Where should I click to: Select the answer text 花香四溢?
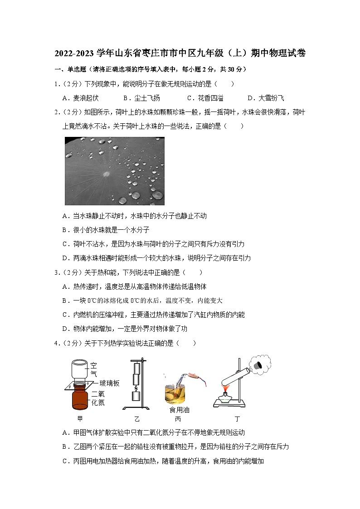pos(211,98)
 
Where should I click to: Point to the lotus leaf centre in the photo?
pos(107,172)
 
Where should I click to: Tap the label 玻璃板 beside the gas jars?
pos(109,383)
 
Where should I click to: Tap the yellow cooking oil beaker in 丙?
pos(175,393)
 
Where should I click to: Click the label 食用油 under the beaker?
pos(179,410)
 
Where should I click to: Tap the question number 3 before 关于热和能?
pos(56,272)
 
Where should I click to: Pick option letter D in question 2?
pos(65,258)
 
